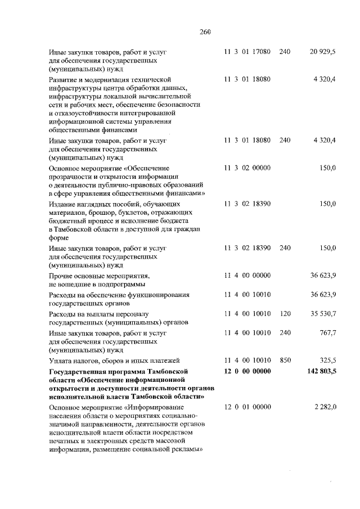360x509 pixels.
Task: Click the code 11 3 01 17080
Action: click(247, 52)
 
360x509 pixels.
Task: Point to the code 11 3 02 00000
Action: click(247, 168)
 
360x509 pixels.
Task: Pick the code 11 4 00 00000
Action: click(247, 275)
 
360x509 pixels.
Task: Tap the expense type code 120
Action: click(285, 313)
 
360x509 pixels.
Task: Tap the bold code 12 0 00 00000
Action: click(247, 371)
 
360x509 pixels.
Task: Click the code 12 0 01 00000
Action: click(247, 407)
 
